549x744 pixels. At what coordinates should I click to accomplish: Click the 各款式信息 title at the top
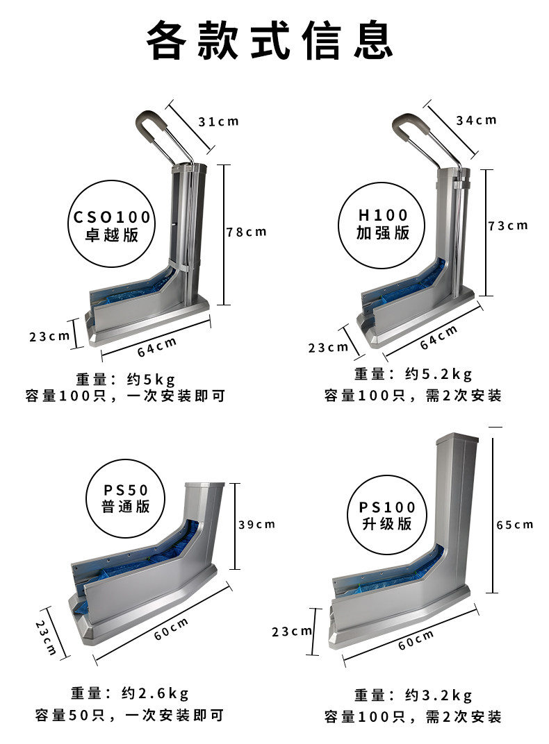pyautogui.click(x=269, y=40)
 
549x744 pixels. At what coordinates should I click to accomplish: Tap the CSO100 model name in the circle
pyautogui.click(x=112, y=217)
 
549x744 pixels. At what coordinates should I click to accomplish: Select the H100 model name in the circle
pyautogui.click(x=383, y=215)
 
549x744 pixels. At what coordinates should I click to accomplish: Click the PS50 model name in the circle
pyautogui.click(x=126, y=490)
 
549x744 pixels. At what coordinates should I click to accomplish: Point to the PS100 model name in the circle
pyautogui.click(x=387, y=507)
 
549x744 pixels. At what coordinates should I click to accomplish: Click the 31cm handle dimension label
pyautogui.click(x=218, y=121)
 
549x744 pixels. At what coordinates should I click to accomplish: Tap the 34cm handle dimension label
pyautogui.click(x=476, y=121)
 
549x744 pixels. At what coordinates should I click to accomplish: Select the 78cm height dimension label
pyautogui.click(x=247, y=232)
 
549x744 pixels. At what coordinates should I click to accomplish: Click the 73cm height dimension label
pyautogui.click(x=508, y=226)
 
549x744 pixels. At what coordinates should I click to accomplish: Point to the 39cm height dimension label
pyautogui.click(x=257, y=524)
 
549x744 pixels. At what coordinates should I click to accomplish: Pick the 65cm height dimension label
pyautogui.click(x=515, y=525)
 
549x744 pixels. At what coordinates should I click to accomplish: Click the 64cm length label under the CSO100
pyautogui.click(x=157, y=347)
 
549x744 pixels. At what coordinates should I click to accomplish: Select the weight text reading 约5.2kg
pyautogui.click(x=439, y=374)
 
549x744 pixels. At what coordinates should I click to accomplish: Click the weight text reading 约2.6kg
pyautogui.click(x=155, y=693)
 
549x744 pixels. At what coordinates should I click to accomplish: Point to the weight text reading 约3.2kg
pyautogui.click(x=439, y=695)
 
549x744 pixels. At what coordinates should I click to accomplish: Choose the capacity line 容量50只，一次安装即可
pyautogui.click(x=129, y=715)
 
